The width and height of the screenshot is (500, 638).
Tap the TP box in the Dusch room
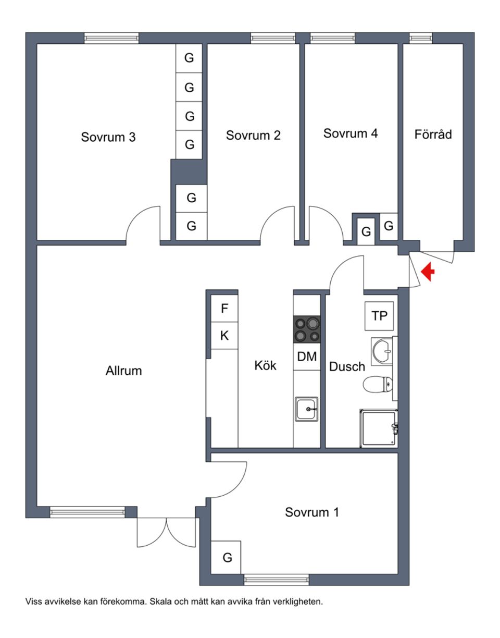coord(380,316)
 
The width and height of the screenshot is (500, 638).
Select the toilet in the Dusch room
coord(377,385)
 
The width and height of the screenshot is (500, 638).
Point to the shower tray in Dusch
coord(379,428)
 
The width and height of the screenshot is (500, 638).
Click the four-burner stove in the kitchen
coord(307,329)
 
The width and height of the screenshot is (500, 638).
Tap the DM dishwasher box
coord(307,357)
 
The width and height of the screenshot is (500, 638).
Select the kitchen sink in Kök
coord(307,409)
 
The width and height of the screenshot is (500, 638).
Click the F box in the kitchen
coord(224,309)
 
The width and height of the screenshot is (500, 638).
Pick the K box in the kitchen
coord(224,336)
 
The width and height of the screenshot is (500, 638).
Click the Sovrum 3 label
coord(108,137)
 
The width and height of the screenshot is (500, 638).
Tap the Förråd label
coord(433,134)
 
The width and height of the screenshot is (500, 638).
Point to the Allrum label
coord(123,371)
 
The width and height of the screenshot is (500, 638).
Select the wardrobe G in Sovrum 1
coord(227,558)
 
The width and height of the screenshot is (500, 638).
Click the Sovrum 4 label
coord(351,133)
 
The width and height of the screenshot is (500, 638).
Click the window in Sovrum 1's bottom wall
coord(277,579)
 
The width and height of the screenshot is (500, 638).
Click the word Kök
coord(265,366)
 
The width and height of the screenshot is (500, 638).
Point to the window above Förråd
coord(420,38)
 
